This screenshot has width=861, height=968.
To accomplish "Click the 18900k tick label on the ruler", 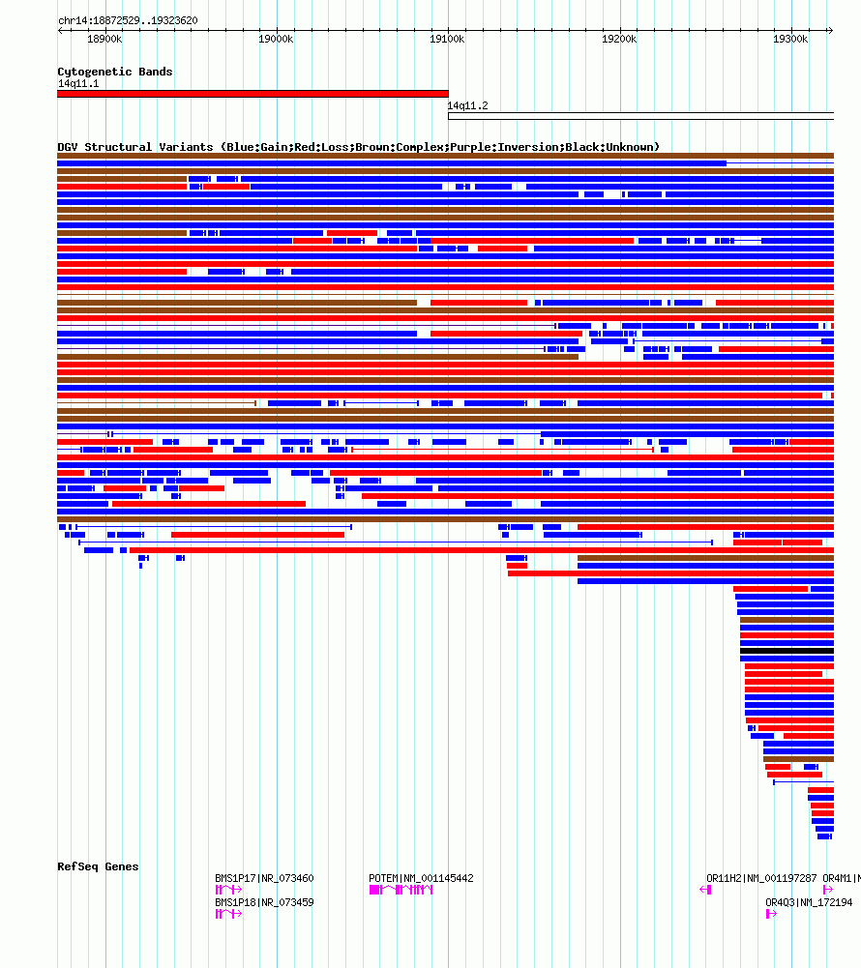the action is pyautogui.click(x=104, y=39).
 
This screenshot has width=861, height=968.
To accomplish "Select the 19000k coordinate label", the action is pyautogui.click(x=276, y=39).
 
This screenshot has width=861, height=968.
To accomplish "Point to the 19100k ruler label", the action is pyautogui.click(x=447, y=39).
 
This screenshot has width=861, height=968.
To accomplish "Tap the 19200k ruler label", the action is pyautogui.click(x=619, y=39).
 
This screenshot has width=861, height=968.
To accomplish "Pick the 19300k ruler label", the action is pyautogui.click(x=790, y=39).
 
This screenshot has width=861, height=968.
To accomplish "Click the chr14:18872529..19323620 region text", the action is pyautogui.click(x=128, y=20).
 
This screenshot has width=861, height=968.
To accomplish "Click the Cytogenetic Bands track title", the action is pyautogui.click(x=115, y=72).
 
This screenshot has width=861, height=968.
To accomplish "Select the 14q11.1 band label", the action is pyautogui.click(x=78, y=83).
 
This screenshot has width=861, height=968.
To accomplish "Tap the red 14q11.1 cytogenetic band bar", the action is pyautogui.click(x=252, y=94).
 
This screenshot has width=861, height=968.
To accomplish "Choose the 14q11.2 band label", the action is pyautogui.click(x=467, y=105).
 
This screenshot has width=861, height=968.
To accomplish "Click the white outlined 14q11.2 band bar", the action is pyautogui.click(x=641, y=116).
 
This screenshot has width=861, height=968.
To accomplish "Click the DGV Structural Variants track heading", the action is pyautogui.click(x=359, y=147).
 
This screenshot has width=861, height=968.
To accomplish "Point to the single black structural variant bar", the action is pyautogui.click(x=787, y=651).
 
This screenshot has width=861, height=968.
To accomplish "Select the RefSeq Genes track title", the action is pyautogui.click(x=99, y=866).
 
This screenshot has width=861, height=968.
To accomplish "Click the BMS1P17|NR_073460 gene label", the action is pyautogui.click(x=264, y=878).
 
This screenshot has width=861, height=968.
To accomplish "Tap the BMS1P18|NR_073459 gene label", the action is pyautogui.click(x=264, y=902).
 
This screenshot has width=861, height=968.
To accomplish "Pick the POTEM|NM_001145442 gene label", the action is pyautogui.click(x=421, y=878).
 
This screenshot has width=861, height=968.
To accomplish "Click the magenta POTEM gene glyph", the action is pyautogui.click(x=401, y=890).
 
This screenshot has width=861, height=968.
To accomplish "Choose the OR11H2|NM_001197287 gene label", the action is pyautogui.click(x=761, y=878).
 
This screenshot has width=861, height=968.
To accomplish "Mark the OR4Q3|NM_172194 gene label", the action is pyautogui.click(x=809, y=902).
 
